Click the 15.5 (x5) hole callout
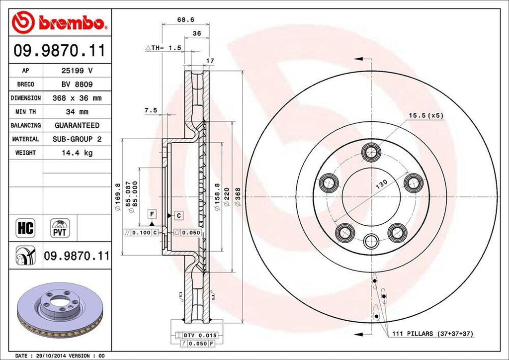pyautogui.click(x=425, y=116)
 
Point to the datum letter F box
pyautogui.click(x=152, y=214)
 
